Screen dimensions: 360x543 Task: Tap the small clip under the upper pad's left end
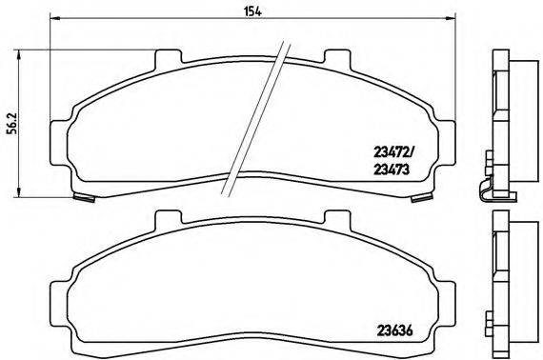[x=84, y=196]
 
